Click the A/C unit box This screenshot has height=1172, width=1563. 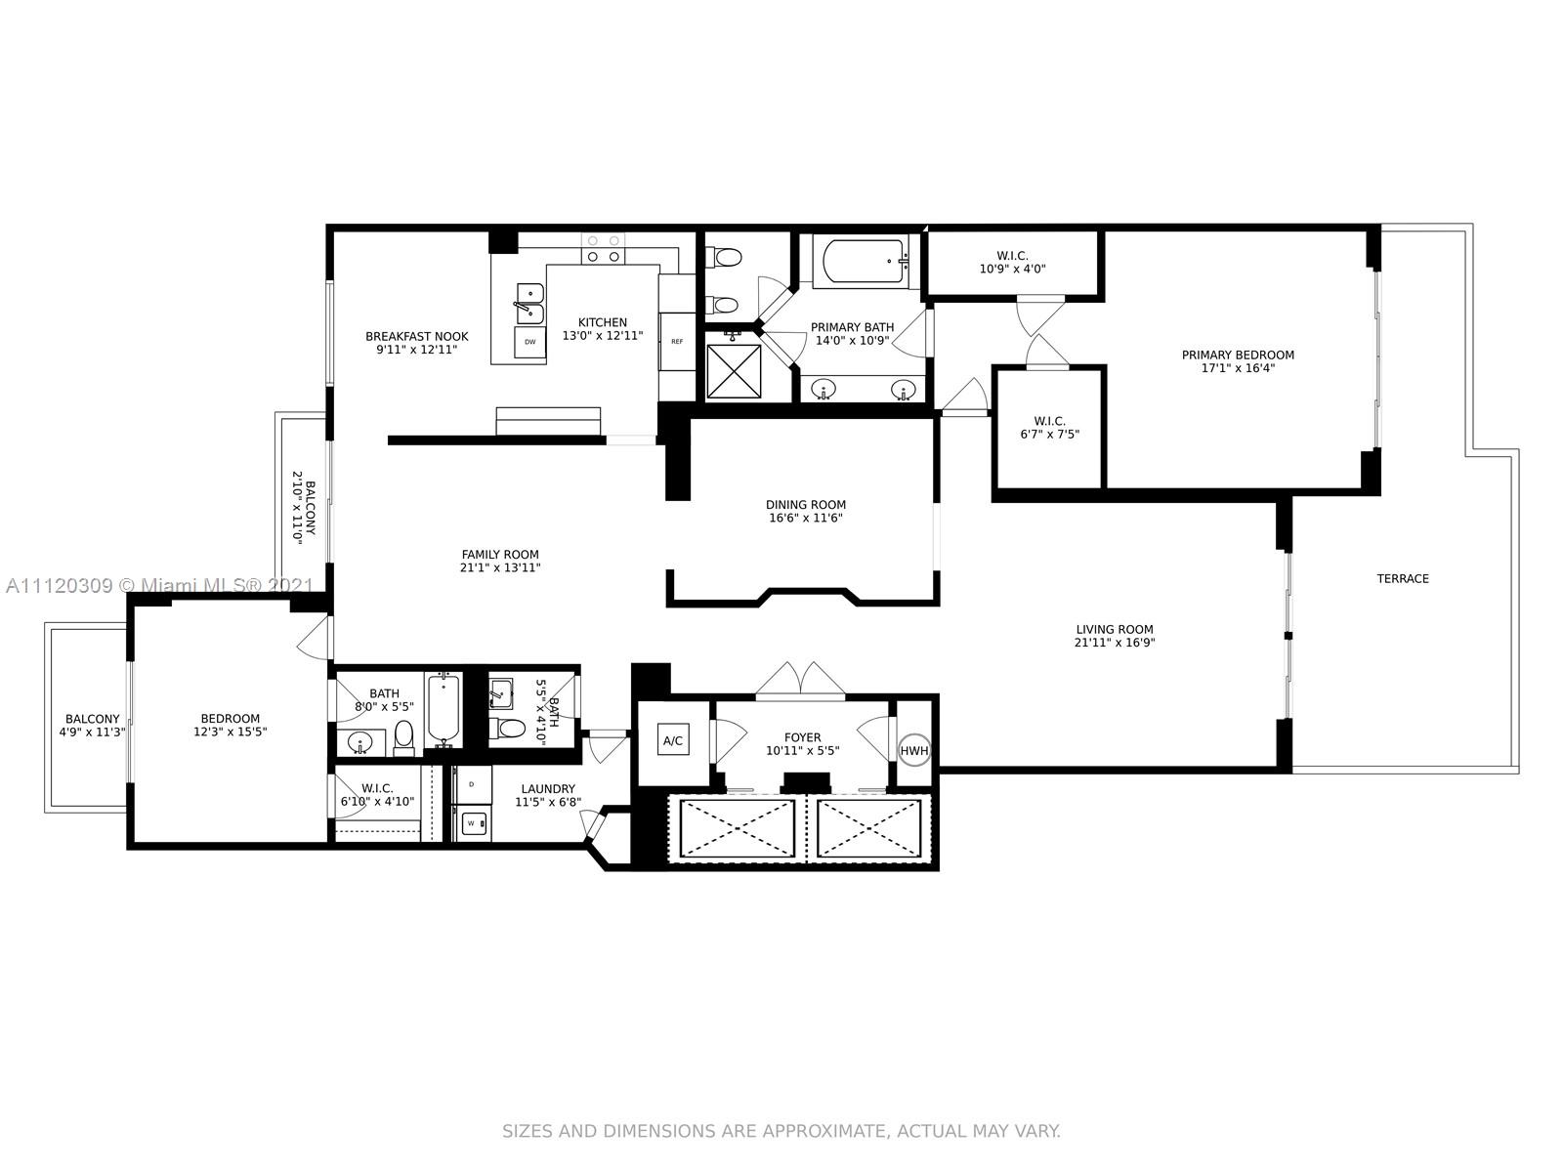672,740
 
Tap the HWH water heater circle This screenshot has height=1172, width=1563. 913,750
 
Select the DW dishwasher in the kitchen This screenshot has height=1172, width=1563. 529,342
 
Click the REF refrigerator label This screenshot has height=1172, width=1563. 676,342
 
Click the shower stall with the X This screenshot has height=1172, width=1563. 734,371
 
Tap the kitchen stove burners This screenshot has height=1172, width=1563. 603,249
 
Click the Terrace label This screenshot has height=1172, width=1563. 1403,578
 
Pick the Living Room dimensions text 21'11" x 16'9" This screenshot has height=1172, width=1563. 1115,642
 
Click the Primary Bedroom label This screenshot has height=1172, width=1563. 1238,356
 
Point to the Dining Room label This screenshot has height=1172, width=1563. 806,505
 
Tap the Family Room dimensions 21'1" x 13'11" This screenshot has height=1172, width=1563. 500,567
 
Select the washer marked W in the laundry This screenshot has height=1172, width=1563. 470,824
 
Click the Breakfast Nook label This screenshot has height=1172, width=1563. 416,337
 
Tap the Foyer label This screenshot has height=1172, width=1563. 803,737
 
